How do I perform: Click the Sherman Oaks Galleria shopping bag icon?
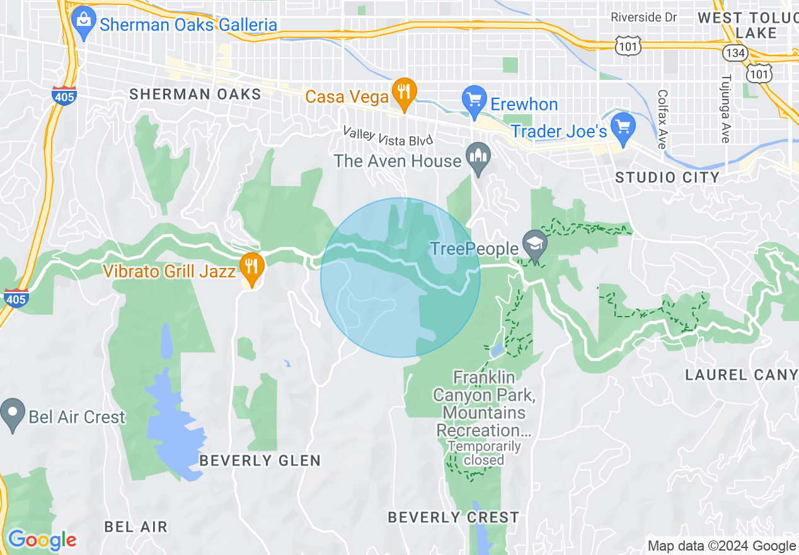coord(83,23)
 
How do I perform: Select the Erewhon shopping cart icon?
coord(474,102)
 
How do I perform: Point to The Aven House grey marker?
coord(478,158)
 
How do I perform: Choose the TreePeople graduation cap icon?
coord(534,246)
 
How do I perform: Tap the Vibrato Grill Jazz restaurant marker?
coord(251,269)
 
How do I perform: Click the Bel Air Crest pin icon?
coord(12,414)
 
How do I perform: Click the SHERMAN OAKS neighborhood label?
coord(195,95)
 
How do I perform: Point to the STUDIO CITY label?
coord(667,177)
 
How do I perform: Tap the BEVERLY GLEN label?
coord(260,461)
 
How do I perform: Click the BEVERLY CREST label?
coord(453,518)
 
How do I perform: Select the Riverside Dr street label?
coord(643,18)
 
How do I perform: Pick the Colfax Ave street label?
coord(661,119)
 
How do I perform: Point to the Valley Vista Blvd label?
coord(388,136)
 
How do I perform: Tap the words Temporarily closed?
coord(484,453)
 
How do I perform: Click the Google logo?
coord(42,540)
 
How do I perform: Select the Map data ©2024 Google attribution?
coord(721,546)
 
